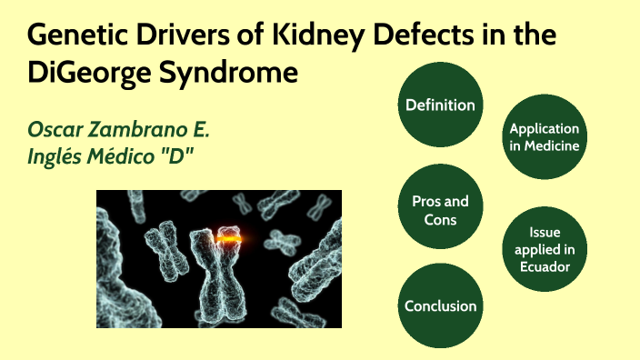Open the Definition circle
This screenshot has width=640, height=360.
click(440, 105)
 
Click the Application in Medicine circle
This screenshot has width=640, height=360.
click(544, 137)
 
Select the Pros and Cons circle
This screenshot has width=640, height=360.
click(440, 210)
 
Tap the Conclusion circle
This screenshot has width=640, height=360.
click(440, 305)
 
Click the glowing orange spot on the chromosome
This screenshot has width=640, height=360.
click(230, 239)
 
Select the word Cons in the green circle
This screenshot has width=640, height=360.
click(440, 219)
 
